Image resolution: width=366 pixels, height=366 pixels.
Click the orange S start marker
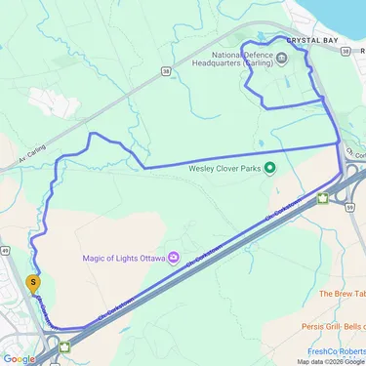(x=35, y=285)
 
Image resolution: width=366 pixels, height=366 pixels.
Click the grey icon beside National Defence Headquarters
(x=282, y=57)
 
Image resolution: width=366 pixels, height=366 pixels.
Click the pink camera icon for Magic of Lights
(x=174, y=258)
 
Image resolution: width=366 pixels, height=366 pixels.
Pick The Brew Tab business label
(x=342, y=293)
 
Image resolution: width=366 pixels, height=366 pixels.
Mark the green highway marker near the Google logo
(x=65, y=345)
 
